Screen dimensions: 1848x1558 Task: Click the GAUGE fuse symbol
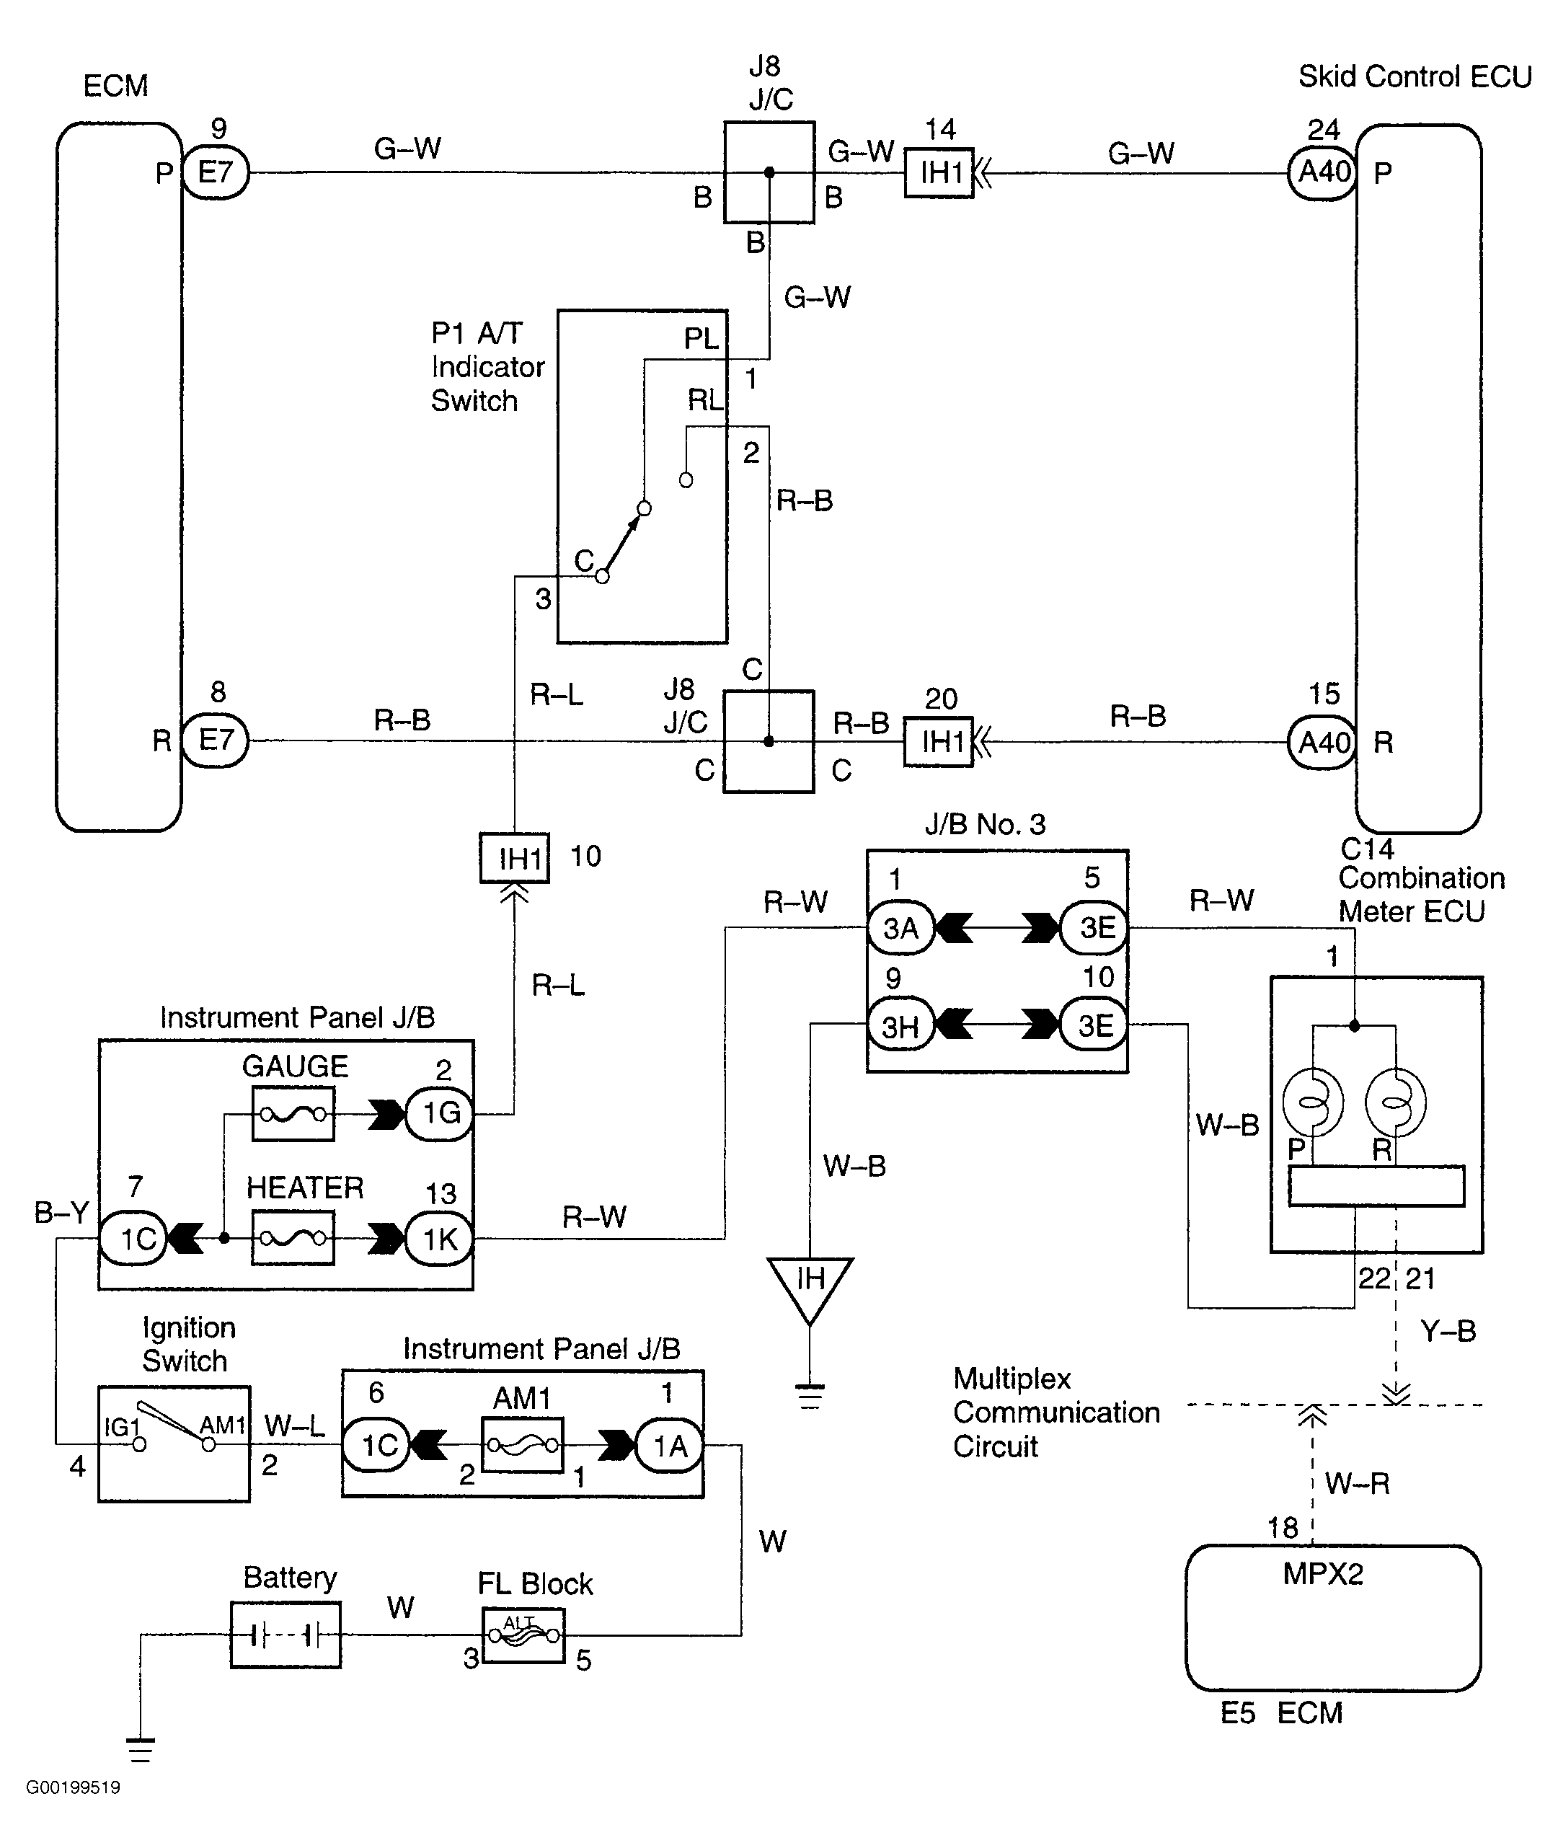(x=293, y=1114)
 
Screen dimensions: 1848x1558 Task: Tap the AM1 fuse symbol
(x=523, y=1446)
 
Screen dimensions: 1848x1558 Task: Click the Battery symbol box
(x=286, y=1636)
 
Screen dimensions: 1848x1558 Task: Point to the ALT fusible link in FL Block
(x=523, y=1635)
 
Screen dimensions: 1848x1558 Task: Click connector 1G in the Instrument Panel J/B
(x=439, y=1113)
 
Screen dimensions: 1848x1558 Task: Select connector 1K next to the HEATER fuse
(x=439, y=1239)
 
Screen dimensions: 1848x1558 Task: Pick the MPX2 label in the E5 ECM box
(x=1323, y=1574)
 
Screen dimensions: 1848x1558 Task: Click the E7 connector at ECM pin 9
(x=216, y=172)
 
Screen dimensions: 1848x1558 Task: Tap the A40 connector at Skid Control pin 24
(x=1322, y=172)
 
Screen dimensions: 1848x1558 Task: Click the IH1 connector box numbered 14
(x=939, y=172)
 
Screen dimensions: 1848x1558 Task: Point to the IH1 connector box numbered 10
(x=515, y=858)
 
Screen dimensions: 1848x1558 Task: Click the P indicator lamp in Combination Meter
(x=1314, y=1102)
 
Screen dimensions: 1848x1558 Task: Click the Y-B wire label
(x=1448, y=1331)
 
